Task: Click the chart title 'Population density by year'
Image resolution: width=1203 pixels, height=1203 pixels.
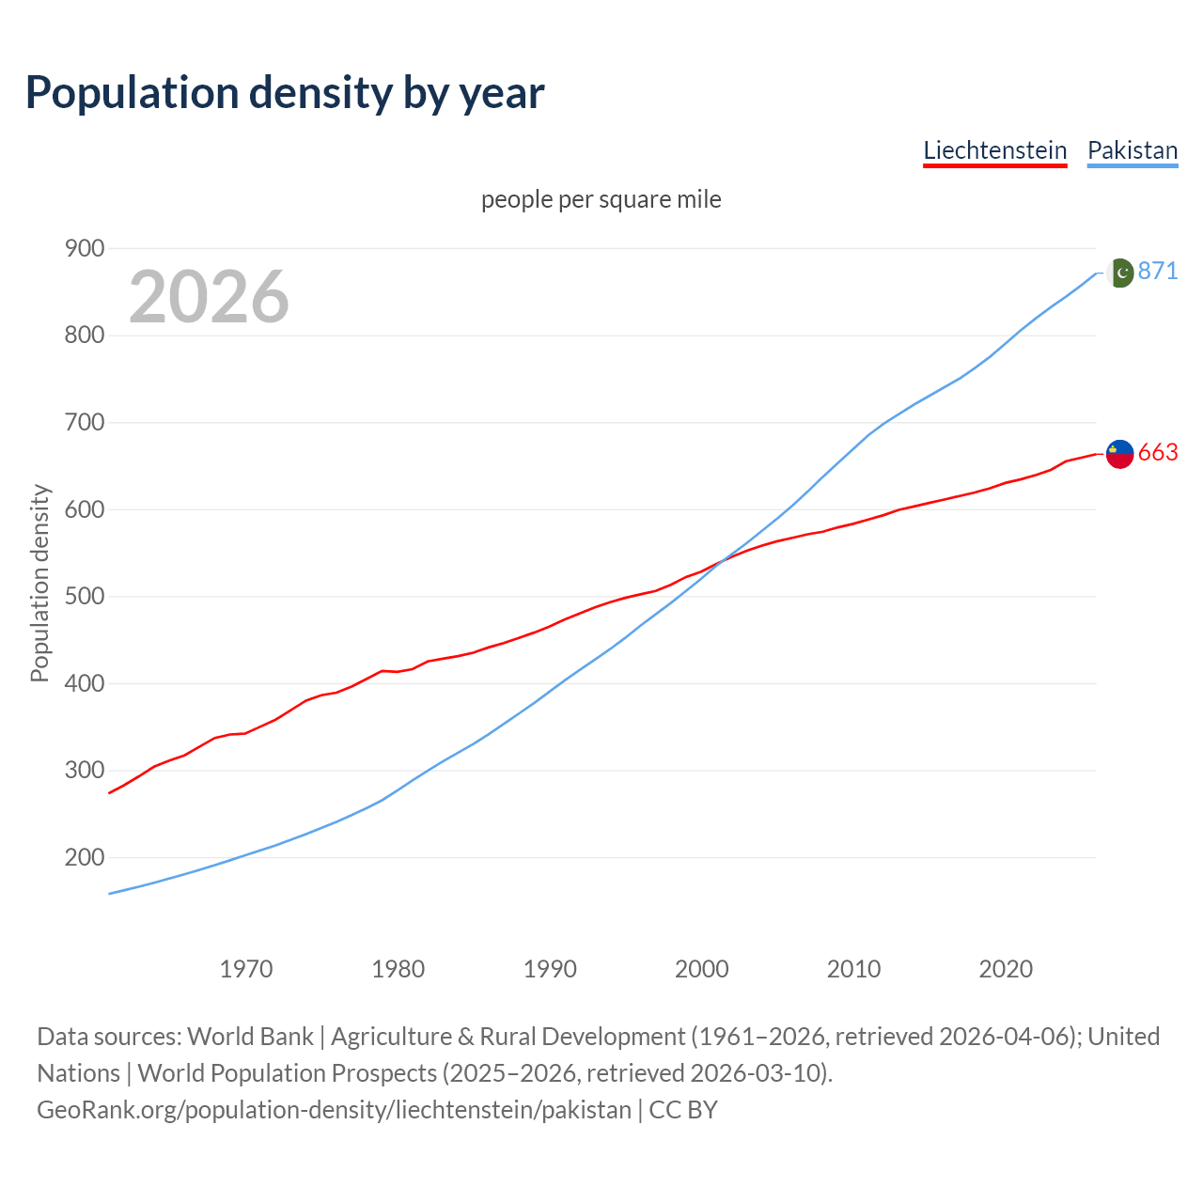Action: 285,93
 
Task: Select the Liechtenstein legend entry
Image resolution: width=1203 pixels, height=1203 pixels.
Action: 994,150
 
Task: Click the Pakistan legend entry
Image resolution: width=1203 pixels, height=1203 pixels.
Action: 1132,150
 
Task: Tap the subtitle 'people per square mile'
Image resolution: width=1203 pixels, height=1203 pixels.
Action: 601,199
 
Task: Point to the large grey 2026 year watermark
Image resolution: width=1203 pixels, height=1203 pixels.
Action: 209,297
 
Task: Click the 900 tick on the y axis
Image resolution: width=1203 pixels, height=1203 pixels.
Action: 84,248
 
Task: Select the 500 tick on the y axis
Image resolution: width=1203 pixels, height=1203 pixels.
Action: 84,596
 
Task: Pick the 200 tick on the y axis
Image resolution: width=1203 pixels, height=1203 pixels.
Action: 84,857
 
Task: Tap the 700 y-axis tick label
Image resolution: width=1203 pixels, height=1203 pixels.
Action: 84,422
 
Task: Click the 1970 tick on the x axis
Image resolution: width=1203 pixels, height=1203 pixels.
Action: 246,968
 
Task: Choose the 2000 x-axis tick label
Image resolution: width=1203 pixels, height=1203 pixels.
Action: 702,968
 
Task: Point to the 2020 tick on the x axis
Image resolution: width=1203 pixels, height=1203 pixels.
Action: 1006,968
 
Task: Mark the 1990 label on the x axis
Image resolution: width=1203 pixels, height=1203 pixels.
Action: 550,968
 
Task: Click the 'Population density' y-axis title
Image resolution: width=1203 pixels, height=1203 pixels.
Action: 39,583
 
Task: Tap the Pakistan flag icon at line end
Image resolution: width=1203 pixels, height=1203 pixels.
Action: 1119,273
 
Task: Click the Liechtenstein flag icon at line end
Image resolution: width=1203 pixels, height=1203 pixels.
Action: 1119,453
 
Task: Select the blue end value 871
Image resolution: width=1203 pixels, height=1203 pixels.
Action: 1158,271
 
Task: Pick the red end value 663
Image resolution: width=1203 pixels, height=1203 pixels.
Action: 1158,453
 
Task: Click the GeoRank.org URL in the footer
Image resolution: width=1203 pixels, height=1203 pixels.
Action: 334,1110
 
